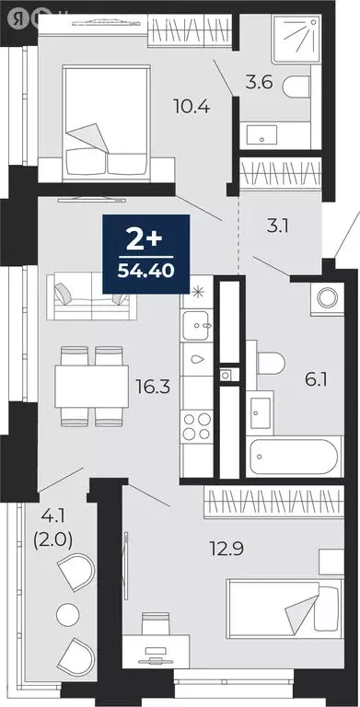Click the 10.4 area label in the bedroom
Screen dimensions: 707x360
pos(192,106)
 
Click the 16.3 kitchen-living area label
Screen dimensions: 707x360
pos(151,388)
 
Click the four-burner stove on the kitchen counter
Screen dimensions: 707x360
pos(196,427)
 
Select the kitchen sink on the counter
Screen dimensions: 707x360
pos(196,323)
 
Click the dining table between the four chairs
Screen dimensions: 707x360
pos(91,386)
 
